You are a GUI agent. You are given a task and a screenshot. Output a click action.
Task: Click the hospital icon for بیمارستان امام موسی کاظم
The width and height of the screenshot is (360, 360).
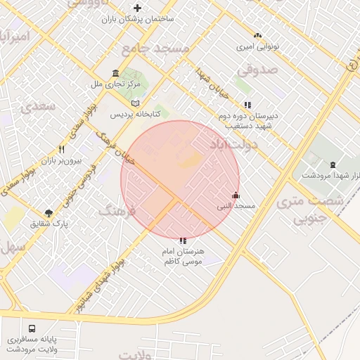184,240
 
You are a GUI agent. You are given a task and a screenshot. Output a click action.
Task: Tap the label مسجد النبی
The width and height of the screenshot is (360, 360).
236,206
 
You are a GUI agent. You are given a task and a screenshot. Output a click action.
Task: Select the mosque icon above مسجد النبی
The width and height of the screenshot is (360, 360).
235,195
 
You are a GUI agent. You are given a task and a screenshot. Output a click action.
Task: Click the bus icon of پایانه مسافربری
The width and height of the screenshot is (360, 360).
32,328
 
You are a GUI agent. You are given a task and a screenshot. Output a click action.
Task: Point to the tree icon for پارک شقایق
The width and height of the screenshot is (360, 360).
49,213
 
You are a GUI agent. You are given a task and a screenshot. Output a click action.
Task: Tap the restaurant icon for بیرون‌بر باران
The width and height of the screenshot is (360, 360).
61,150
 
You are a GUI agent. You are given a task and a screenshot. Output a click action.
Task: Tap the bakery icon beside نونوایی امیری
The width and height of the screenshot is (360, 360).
257,34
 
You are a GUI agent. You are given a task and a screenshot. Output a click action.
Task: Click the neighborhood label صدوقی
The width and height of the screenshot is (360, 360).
257,70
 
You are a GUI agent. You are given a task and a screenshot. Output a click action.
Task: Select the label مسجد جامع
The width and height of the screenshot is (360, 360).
155,49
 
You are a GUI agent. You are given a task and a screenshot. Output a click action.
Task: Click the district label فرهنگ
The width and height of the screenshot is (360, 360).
115,210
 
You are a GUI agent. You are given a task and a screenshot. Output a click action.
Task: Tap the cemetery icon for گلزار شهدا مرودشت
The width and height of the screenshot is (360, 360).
332,164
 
